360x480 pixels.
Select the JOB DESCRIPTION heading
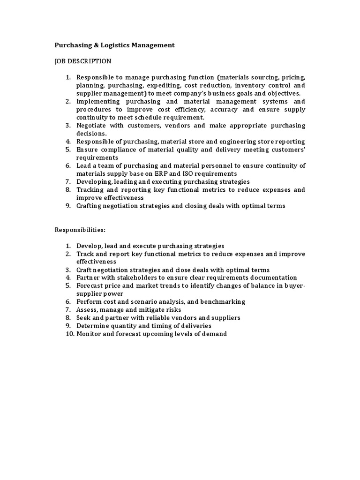[83, 61]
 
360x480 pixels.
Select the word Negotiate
[91, 126]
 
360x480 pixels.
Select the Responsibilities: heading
[80, 230]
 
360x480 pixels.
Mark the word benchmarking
[222, 301]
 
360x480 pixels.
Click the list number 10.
[69, 333]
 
